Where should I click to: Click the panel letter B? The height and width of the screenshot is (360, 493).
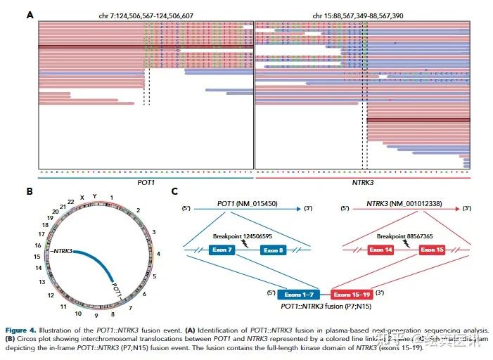pos(30,191)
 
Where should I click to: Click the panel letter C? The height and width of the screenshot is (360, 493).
pos(175,191)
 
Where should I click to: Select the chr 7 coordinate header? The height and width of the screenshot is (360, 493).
pos(145,15)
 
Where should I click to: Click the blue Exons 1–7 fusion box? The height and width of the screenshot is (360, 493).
pos(302,293)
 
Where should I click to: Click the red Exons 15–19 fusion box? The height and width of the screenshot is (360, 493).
pos(354,293)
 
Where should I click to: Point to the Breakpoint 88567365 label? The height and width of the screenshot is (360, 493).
pos(404,236)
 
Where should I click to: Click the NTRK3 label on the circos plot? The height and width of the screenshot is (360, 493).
pos(61,251)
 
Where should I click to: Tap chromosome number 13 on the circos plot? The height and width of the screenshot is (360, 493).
pos(41,282)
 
